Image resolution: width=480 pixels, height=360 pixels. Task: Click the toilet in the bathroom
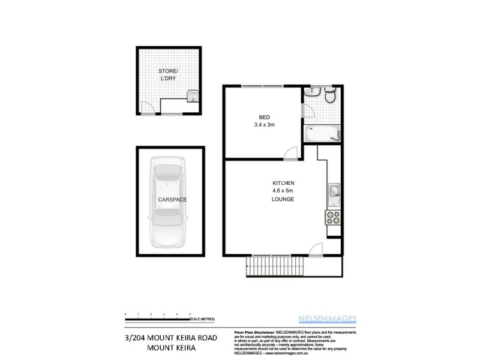pyautogui.click(x=329, y=96)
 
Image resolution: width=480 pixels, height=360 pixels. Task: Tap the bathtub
pyautogui.click(x=321, y=134)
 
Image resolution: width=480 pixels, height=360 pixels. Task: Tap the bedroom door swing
pyautogui.click(x=290, y=153)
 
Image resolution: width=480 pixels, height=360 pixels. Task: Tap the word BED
pyautogui.click(x=264, y=117)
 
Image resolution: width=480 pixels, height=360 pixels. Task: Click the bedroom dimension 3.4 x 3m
pyautogui.click(x=264, y=125)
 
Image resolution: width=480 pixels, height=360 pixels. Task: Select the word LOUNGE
pyautogui.click(x=283, y=199)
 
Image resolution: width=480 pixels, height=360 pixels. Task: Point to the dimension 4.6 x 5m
pyautogui.click(x=283, y=191)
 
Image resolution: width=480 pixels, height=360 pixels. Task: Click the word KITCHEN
pyautogui.click(x=283, y=182)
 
